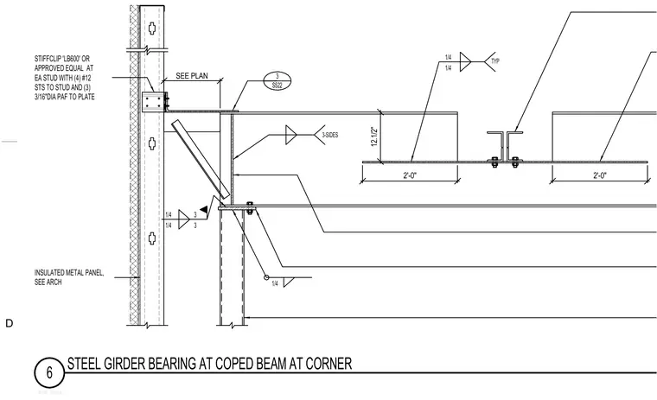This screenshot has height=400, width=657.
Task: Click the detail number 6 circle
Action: (49, 372)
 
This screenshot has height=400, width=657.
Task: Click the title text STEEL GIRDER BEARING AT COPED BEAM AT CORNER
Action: (209, 364)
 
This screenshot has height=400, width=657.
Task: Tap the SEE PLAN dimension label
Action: (192, 76)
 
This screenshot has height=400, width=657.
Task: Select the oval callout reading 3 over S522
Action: (277, 81)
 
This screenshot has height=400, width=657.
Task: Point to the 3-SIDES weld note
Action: (329, 136)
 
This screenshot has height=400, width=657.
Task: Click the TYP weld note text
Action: (495, 61)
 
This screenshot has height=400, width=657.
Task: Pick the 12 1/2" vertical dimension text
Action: (374, 137)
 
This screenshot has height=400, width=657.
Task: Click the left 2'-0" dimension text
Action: (410, 175)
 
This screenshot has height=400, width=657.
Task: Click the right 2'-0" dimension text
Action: (600, 175)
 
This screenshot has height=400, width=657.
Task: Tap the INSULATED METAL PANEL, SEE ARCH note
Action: (69, 277)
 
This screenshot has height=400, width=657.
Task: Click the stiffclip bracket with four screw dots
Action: (153, 102)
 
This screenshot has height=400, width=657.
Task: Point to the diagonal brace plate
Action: (201, 159)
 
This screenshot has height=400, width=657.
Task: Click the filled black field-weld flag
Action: (203, 209)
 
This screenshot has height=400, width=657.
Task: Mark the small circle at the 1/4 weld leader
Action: (266, 277)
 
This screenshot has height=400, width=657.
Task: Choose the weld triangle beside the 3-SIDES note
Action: (290, 135)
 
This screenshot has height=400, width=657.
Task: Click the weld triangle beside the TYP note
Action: (465, 61)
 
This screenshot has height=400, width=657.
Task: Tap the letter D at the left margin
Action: (10, 323)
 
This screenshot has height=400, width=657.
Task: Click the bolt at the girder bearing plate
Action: (250, 208)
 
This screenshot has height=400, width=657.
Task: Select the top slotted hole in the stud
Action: (152, 29)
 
